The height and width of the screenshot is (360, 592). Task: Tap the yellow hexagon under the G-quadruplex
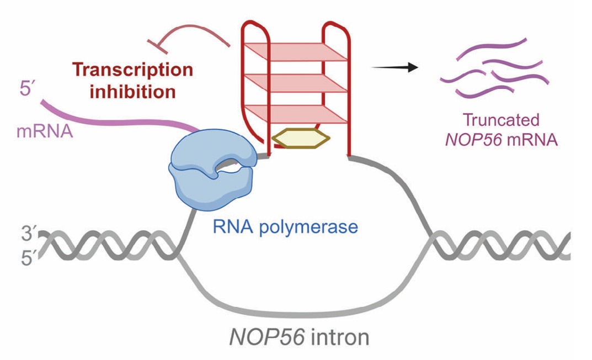pyautogui.click(x=301, y=138)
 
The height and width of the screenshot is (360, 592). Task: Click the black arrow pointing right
pyautogui.click(x=395, y=67)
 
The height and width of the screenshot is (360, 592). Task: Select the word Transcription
pyautogui.click(x=132, y=70)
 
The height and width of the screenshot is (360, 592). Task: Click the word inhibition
pyautogui.click(x=132, y=92)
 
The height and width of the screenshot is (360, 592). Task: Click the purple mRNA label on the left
pyautogui.click(x=45, y=131)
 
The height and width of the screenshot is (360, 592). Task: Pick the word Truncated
pyautogui.click(x=501, y=120)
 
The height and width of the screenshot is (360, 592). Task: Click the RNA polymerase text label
pyautogui.click(x=285, y=226)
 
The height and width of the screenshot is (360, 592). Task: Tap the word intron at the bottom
pyautogui.click(x=340, y=337)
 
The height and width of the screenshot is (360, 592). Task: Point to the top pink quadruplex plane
pyautogui.click(x=295, y=52)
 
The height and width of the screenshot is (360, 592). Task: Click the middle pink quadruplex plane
pyautogui.click(x=295, y=83)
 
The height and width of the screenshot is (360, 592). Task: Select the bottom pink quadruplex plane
pyautogui.click(x=295, y=114)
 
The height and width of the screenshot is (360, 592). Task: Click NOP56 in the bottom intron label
pyautogui.click(x=267, y=337)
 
